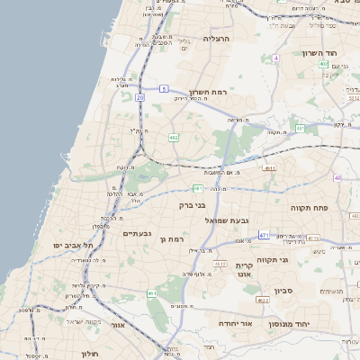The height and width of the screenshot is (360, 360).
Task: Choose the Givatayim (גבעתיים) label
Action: pos(137,233)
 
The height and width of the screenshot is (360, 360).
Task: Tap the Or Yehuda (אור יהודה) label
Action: pos(235,322)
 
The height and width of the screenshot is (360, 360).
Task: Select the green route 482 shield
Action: pos(173,137)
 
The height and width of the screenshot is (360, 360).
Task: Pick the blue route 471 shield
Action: pos(264,235)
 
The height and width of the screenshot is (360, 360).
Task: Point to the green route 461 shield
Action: pos(152,293)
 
